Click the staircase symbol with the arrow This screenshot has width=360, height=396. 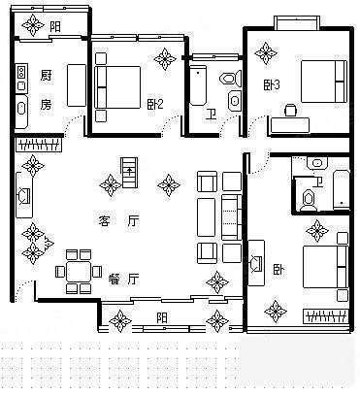129,173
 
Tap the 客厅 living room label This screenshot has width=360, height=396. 118,221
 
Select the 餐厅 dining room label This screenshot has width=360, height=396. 123,279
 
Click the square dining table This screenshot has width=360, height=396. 79,272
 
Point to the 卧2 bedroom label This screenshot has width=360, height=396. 155,104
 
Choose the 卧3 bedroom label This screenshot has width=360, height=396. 271,84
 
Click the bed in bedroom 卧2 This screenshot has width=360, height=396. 117,87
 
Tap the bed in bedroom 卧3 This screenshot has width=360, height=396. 324,82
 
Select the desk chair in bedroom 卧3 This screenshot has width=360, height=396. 290,110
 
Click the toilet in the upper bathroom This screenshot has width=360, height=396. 231,79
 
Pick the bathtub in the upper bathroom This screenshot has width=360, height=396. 198,85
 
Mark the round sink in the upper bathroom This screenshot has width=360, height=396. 235,101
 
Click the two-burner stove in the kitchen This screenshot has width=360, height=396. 21,72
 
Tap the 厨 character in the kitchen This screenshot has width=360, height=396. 47,76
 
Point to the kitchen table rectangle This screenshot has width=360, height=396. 77,85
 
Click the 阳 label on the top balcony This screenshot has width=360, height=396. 55,26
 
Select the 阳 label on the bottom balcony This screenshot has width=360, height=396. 162,317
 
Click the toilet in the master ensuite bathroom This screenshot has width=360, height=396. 309,200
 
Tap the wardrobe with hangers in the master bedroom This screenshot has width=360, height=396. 326,316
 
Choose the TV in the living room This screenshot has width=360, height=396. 24,195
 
